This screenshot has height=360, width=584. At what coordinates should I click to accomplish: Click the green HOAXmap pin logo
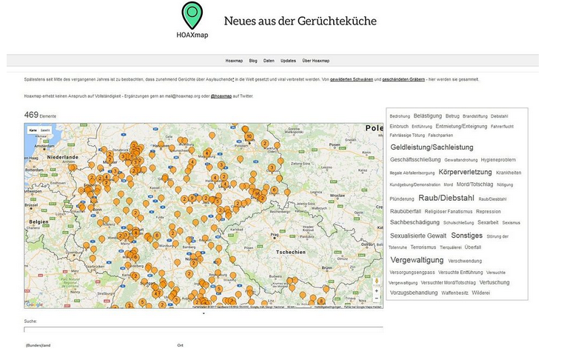click(192, 15)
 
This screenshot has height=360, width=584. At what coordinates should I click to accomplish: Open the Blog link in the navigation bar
click(253, 60)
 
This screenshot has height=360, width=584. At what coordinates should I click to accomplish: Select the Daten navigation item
click(269, 60)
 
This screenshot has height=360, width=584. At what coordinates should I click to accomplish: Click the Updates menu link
click(288, 60)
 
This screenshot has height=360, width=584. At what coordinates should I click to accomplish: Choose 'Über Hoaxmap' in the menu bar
click(316, 60)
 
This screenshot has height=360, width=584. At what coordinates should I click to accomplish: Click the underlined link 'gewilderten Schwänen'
click(351, 79)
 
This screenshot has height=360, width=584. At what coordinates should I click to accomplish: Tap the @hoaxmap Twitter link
click(221, 96)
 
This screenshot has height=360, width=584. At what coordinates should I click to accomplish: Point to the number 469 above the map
click(30, 115)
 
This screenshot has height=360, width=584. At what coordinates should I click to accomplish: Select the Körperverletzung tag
click(465, 172)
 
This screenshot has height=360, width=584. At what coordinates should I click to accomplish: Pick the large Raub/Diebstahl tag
click(446, 198)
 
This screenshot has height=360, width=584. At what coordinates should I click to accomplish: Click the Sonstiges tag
click(466, 236)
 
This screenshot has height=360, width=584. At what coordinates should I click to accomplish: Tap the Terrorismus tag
click(423, 247)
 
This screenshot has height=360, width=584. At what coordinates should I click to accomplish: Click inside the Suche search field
click(203, 329)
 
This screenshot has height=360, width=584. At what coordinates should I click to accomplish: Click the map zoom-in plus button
click(376, 290)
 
